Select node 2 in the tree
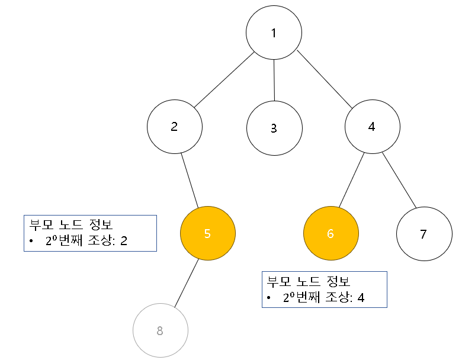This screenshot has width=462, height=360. tap(175, 127)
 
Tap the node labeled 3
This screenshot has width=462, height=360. tap(274, 128)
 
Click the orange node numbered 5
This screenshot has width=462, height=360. tap(207, 233)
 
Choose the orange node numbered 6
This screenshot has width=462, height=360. tap(331, 233)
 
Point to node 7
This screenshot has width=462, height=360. tap(423, 234)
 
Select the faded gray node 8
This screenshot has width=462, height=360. tap(160, 330)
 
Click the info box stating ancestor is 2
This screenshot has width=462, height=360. tap(90, 233)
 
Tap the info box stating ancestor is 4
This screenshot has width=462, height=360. tap(324, 290)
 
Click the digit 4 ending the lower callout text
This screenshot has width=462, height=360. tap(361, 297)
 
